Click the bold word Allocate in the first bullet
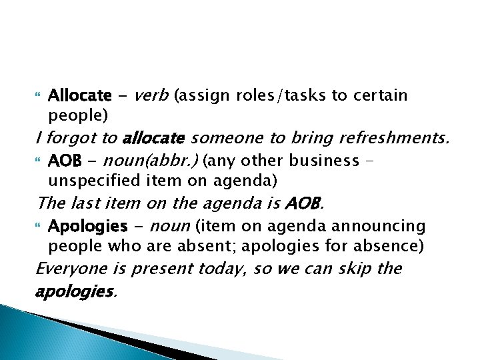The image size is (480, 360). pyautogui.click(x=80, y=96)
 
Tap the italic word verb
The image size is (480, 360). pyautogui.click(x=151, y=95)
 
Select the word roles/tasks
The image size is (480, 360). pyautogui.click(x=291, y=96)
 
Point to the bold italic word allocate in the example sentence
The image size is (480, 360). pyautogui.click(x=153, y=138)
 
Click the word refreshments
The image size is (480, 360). pyautogui.click(x=394, y=138)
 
